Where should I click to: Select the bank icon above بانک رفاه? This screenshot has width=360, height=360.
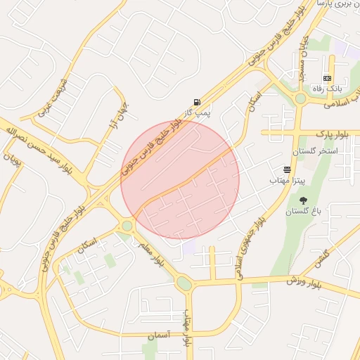[327, 78]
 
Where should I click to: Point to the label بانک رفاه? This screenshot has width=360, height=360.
[326, 89]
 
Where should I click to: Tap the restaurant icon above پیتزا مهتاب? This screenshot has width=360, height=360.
[287, 169]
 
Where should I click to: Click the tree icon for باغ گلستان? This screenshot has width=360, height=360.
[303, 200]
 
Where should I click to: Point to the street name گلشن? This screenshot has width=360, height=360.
[323, 257]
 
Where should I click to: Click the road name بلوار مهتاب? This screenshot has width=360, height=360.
[188, 328]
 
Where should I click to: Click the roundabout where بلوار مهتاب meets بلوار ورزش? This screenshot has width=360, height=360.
[184, 283]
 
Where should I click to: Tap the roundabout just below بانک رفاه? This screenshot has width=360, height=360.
[300, 99]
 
